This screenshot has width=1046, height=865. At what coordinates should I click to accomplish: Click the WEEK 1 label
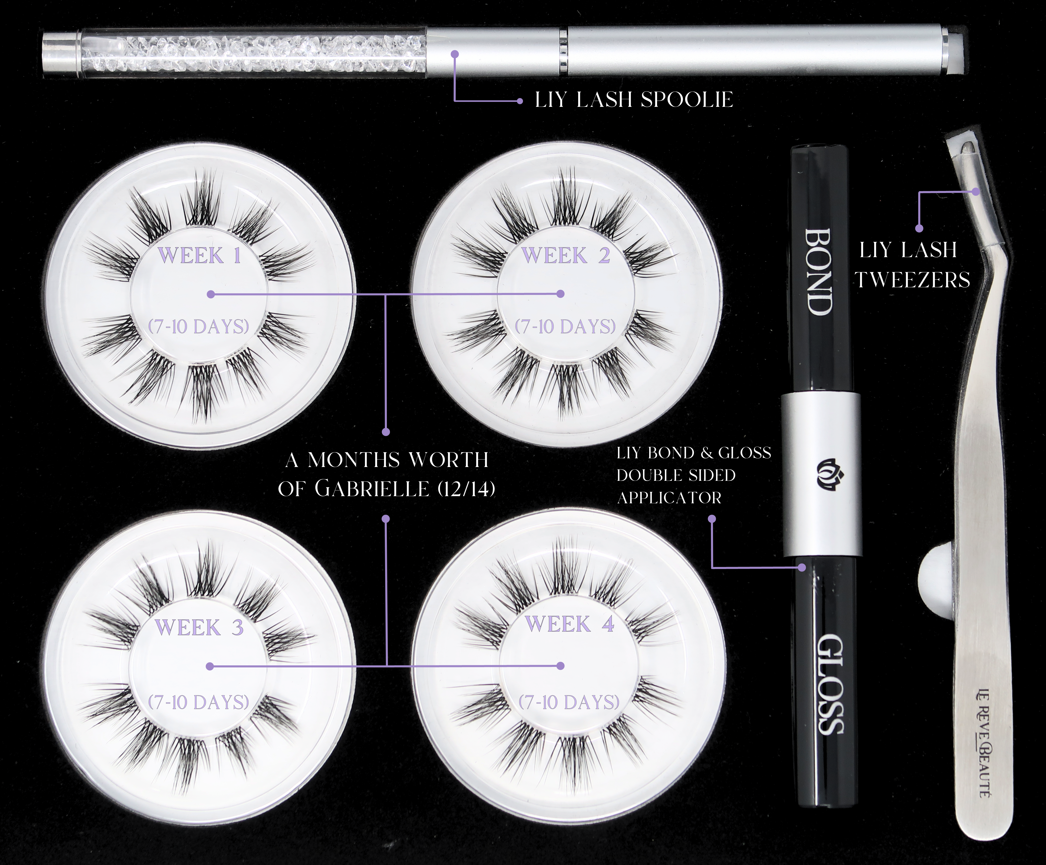click(x=200, y=256)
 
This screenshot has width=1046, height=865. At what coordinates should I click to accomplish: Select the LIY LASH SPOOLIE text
click(x=634, y=100)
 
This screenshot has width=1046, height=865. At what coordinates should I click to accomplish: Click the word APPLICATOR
click(x=669, y=498)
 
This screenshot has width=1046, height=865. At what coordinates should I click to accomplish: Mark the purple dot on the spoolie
click(x=455, y=54)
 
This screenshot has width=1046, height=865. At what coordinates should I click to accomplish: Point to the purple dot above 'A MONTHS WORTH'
click(x=386, y=432)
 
